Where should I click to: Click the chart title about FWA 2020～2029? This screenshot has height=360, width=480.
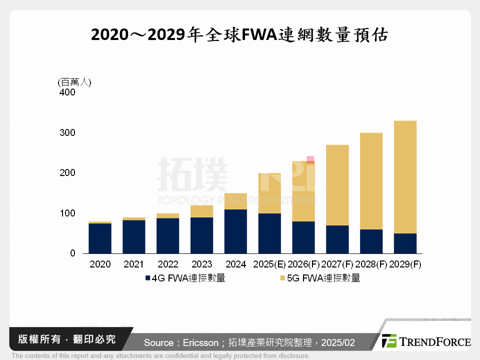coord(239,36)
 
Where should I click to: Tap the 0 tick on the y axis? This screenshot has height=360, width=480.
coord(72,253)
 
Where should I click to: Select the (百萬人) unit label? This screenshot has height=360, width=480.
coord(74,82)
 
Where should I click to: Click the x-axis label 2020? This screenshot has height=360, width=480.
coord(100,264)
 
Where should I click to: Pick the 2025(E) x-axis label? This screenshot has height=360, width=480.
coord(270,264)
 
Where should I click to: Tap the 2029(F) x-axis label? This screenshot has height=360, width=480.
coord(405,264)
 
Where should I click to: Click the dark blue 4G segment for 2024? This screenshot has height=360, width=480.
coord(235,231)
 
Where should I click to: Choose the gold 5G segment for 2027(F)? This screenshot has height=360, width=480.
coord(337,185)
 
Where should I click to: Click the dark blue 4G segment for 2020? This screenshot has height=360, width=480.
coord(100,238)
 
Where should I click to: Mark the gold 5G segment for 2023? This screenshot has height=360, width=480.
coord(201,211)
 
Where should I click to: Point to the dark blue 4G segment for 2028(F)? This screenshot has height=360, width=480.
coord(371,241)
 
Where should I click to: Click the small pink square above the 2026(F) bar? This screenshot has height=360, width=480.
coord(310,159)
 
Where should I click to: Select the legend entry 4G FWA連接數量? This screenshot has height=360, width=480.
coord(185,278)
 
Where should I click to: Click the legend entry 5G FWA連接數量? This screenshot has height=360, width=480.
coord(319,278)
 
